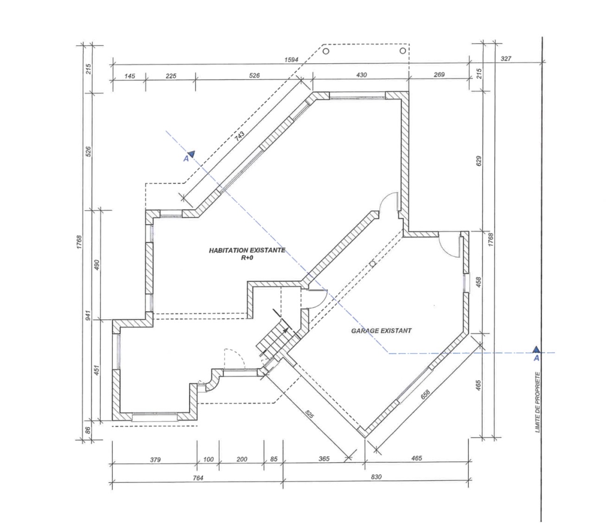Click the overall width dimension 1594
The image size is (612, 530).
pyautogui.click(x=291, y=59)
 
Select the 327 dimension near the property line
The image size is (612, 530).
pyautogui.click(x=506, y=58)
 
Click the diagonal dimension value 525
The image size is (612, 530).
pyautogui.click(x=309, y=414)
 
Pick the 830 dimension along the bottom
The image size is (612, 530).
pyautogui.click(x=376, y=477)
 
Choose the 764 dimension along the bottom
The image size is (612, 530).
pyautogui.click(x=198, y=478)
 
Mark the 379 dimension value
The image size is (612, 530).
pyautogui.click(x=155, y=459)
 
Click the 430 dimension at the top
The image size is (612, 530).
pyautogui.click(x=361, y=75)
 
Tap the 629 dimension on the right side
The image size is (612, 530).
pyautogui.click(x=479, y=161)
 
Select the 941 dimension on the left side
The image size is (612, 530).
pyautogui.click(x=88, y=316)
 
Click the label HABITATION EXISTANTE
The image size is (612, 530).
pyautogui.click(x=247, y=251)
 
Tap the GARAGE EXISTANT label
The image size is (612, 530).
pyautogui.click(x=382, y=330)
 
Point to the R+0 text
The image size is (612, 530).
pyautogui.click(x=247, y=258)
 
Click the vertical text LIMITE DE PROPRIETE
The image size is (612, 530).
pyautogui.click(x=537, y=402)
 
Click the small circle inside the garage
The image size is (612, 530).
pyautogui.click(x=373, y=263)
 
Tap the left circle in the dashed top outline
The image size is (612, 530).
pyautogui.click(x=325, y=51)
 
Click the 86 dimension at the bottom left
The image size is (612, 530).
pyautogui.click(x=88, y=430)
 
